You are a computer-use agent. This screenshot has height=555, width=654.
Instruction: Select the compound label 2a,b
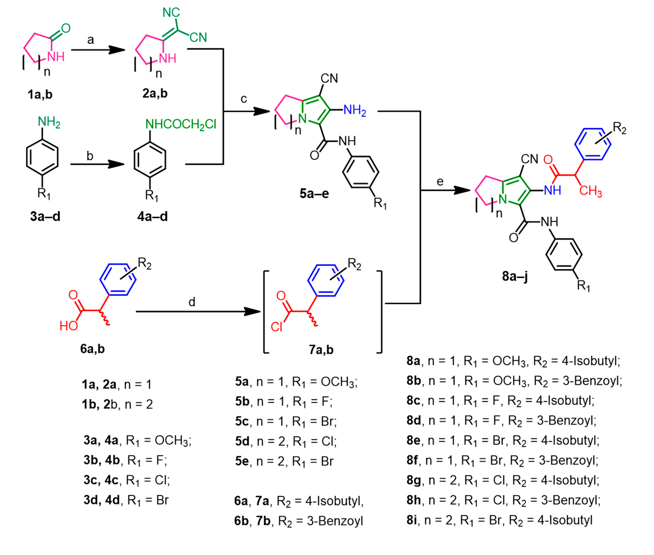[155, 93]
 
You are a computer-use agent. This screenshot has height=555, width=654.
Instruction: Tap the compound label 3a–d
[45, 216]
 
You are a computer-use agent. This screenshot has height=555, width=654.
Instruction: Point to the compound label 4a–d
[153, 216]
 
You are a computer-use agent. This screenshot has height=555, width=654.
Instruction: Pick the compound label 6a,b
[92, 349]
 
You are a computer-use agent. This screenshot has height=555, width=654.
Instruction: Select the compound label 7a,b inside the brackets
[321, 349]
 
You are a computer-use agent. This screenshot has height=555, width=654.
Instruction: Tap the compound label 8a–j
[514, 276]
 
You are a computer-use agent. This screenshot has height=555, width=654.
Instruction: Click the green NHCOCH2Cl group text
[181, 124]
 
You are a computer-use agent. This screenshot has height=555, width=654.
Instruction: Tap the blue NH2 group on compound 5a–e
[354, 110]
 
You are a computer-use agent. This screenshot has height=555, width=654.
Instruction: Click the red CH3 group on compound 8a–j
[590, 191]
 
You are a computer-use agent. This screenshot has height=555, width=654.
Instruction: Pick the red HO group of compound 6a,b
[69, 326]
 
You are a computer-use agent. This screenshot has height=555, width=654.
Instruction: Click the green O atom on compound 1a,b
[66, 28]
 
